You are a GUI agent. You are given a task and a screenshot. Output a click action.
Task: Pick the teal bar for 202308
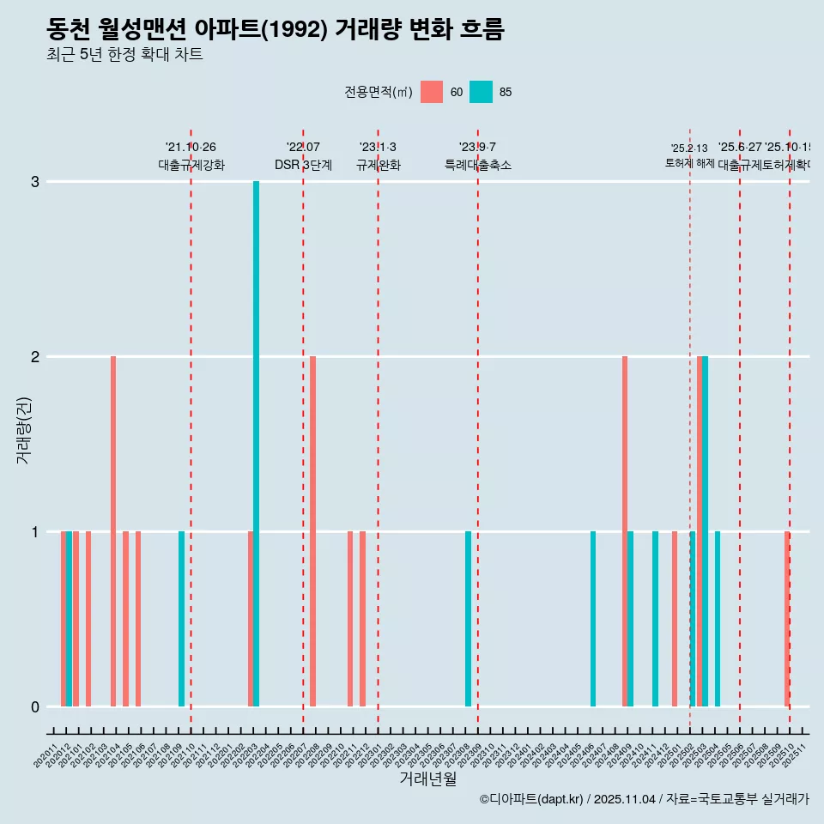(468, 619)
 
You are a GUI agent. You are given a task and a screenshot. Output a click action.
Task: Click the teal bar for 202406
(593, 619)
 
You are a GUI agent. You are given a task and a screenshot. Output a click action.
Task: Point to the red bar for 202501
(675, 619)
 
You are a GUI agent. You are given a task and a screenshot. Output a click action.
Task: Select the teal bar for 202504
(718, 619)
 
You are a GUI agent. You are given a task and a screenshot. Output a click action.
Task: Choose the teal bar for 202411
(655, 619)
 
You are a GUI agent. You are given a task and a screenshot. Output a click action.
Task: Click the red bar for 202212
(362, 619)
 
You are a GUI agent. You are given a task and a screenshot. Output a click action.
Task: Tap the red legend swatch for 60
(432, 92)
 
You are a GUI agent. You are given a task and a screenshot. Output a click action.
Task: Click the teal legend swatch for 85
(482, 92)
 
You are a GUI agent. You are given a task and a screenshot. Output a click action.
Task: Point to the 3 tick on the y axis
(35, 182)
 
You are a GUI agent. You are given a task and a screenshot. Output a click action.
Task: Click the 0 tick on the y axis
(35, 707)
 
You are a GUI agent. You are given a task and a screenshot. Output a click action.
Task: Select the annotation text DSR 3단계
(303, 165)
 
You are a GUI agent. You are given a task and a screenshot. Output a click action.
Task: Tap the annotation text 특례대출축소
(477, 165)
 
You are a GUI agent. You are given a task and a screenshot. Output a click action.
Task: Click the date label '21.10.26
(191, 148)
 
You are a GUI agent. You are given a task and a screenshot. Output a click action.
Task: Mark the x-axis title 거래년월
(427, 779)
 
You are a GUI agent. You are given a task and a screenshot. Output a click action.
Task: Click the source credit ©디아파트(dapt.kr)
(530, 799)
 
